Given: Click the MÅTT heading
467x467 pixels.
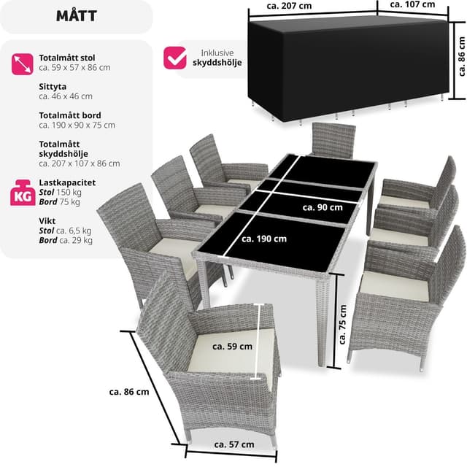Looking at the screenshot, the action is pyautogui.click(x=76, y=16).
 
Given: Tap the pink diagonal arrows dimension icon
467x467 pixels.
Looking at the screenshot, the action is pyautogui.click(x=23, y=64).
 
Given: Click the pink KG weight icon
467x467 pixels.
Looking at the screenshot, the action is pyautogui.click(x=23, y=193).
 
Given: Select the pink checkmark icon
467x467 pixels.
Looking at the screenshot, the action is pyautogui.click(x=175, y=58).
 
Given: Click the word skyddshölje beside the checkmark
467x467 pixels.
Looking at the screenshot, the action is pyautogui.click(x=217, y=63).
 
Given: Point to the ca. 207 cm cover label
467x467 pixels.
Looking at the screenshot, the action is pyautogui.click(x=289, y=6).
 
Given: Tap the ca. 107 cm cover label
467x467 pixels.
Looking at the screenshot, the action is pyautogui.click(x=412, y=4).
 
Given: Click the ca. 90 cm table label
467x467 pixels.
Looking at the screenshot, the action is pyautogui.click(x=323, y=207).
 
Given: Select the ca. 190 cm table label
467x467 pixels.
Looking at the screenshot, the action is pyautogui.click(x=264, y=239).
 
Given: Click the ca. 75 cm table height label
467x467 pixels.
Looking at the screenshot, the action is pyautogui.click(x=343, y=324).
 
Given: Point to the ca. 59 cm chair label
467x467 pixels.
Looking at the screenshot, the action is pyautogui.click(x=232, y=347).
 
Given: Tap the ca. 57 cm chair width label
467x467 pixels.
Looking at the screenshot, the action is pyautogui.click(x=234, y=444).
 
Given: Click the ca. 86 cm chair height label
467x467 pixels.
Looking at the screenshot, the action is pyautogui.click(x=129, y=392).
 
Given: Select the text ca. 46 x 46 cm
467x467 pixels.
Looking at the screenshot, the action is pyautogui.click(x=66, y=96).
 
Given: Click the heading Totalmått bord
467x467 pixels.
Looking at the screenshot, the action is pyautogui.click(x=70, y=115).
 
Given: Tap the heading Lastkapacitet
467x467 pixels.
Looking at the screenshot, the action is pyautogui.click(x=67, y=182).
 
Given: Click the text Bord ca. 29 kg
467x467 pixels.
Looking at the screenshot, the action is pyautogui.click(x=66, y=240).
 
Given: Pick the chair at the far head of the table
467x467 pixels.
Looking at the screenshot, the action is pyautogui.click(x=333, y=139).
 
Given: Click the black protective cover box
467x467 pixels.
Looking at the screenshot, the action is pyautogui.click(x=349, y=69).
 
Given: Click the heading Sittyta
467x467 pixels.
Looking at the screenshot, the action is pyautogui.click(x=53, y=87).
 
